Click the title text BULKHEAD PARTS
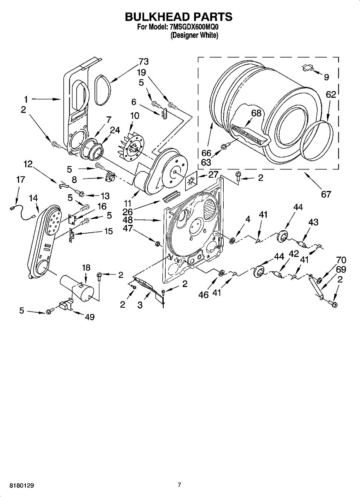(x=179, y=17)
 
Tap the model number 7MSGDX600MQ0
(x=194, y=27)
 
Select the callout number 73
(x=144, y=61)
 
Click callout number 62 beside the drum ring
(x=331, y=95)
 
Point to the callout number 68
(x=256, y=113)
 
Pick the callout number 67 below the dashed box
(x=326, y=194)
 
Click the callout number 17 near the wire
(x=20, y=179)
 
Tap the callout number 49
(x=89, y=317)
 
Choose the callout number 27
(x=213, y=174)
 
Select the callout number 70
(x=341, y=260)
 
